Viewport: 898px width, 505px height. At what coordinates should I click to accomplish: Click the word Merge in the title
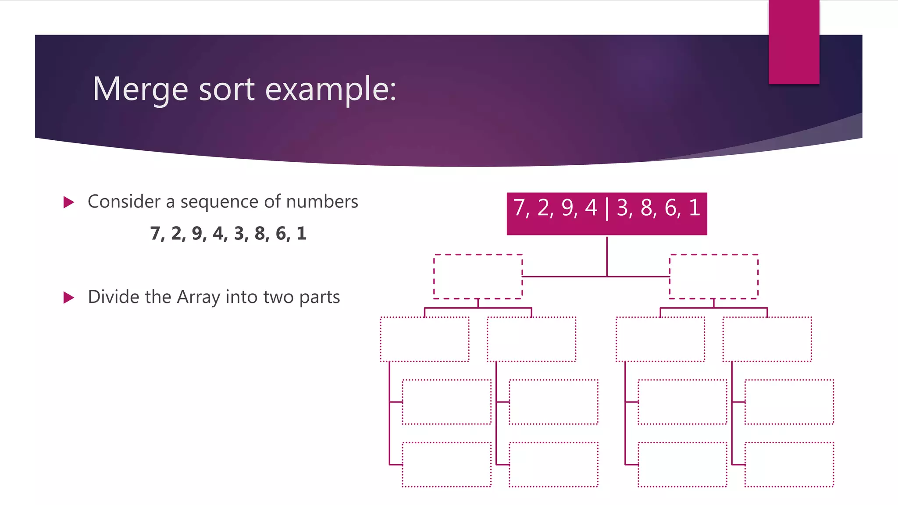[140, 89]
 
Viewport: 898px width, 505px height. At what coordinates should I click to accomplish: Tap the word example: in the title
[331, 89]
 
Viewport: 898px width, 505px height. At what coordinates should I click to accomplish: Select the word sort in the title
[227, 89]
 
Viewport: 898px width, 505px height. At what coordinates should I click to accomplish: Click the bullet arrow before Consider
[69, 202]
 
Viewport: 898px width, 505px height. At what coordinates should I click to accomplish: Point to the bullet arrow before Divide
[69, 298]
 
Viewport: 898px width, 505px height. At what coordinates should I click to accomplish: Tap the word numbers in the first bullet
[322, 202]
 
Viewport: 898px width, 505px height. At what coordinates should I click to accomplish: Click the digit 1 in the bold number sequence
[301, 233]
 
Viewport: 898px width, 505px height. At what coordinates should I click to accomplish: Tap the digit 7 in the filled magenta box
[520, 208]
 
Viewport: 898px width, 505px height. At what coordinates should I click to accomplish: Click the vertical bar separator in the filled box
[607, 209]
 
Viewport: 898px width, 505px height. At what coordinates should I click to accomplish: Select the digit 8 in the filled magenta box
[647, 208]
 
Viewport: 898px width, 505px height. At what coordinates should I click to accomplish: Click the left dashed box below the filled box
[478, 277]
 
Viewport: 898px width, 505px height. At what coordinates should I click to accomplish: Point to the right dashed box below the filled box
[714, 277]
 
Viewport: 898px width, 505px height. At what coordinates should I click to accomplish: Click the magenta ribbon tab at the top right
[794, 42]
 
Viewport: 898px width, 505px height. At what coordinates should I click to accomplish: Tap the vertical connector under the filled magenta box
[607, 256]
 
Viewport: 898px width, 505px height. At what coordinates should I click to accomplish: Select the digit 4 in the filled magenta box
[591, 208]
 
